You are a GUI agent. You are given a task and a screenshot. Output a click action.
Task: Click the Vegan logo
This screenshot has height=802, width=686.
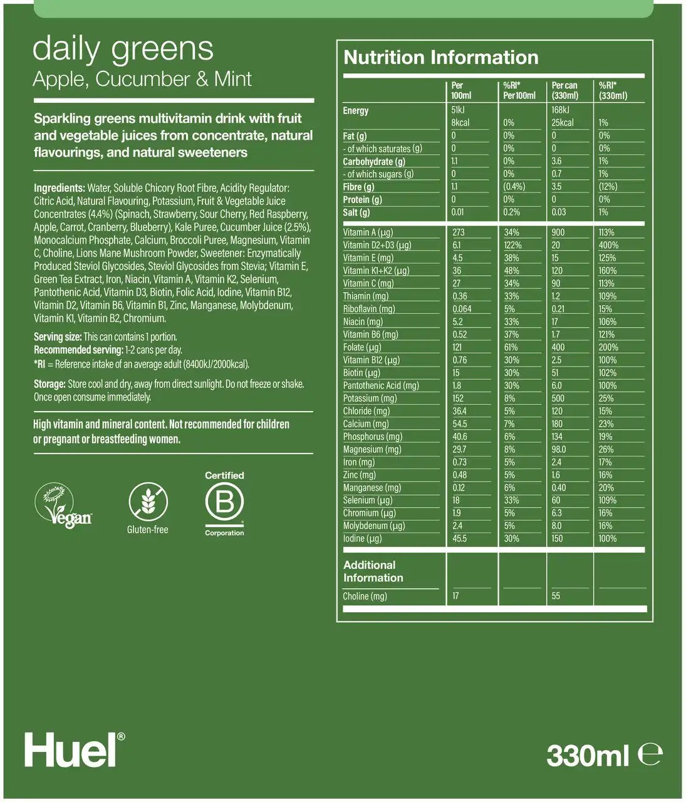65,507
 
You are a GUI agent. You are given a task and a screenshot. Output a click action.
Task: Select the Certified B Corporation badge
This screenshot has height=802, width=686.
224,502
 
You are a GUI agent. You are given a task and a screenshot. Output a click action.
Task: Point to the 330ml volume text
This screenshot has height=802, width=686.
587,756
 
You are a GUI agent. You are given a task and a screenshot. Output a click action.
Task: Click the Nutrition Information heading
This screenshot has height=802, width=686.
441,58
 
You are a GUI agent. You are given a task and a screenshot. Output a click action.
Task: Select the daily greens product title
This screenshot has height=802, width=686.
123,49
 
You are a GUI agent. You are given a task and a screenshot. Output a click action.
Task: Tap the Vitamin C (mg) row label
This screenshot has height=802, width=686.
368,283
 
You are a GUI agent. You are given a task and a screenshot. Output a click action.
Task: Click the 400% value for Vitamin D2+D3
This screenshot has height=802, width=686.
608,245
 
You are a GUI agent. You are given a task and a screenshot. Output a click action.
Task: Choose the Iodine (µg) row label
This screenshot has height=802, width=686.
362,539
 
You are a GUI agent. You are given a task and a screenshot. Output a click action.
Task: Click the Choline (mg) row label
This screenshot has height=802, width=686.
365,596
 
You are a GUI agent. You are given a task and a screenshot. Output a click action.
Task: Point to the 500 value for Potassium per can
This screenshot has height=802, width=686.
558,398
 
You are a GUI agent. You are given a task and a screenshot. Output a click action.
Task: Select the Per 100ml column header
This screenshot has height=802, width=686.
460,91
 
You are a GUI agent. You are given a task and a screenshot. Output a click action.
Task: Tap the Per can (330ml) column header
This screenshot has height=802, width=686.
564,91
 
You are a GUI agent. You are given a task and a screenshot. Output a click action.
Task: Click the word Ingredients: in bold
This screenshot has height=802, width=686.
59,188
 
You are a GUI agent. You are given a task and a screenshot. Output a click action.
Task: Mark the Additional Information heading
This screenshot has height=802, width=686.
373,571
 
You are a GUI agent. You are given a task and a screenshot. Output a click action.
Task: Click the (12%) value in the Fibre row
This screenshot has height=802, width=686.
608,187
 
